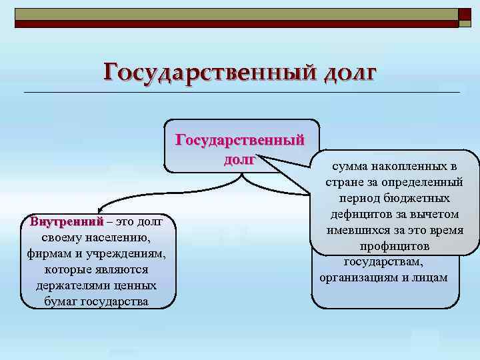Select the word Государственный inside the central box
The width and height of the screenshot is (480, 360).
[x=239, y=140]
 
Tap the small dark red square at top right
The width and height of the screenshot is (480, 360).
[x=464, y=13]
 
